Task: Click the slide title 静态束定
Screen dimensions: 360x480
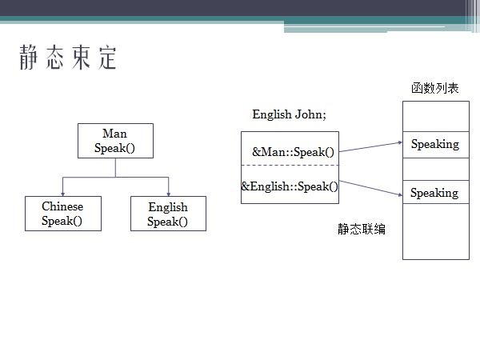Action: tap(69, 58)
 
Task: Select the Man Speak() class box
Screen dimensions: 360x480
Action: tap(115, 141)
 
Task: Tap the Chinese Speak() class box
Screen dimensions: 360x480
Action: tap(62, 214)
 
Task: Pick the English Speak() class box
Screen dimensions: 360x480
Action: tap(168, 214)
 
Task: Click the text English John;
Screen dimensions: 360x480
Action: tap(289, 114)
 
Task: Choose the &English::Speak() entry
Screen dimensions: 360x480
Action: tap(290, 186)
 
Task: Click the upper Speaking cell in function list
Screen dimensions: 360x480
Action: tap(434, 145)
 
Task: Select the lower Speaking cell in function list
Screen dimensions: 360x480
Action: tap(434, 193)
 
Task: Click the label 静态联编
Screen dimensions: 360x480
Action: tap(362, 230)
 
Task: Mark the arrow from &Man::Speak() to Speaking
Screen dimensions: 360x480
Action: tap(370, 147)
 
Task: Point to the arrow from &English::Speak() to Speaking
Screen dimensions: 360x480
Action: tap(370, 190)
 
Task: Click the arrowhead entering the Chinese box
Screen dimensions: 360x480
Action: tap(63, 192)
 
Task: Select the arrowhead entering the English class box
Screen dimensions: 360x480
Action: tap(169, 192)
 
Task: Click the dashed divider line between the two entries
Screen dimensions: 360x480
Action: tap(290, 165)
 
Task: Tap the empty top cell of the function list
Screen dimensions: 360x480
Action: tap(434, 116)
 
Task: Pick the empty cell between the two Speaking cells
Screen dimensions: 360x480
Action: tap(434, 169)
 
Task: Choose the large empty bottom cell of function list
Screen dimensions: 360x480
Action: tap(434, 232)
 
